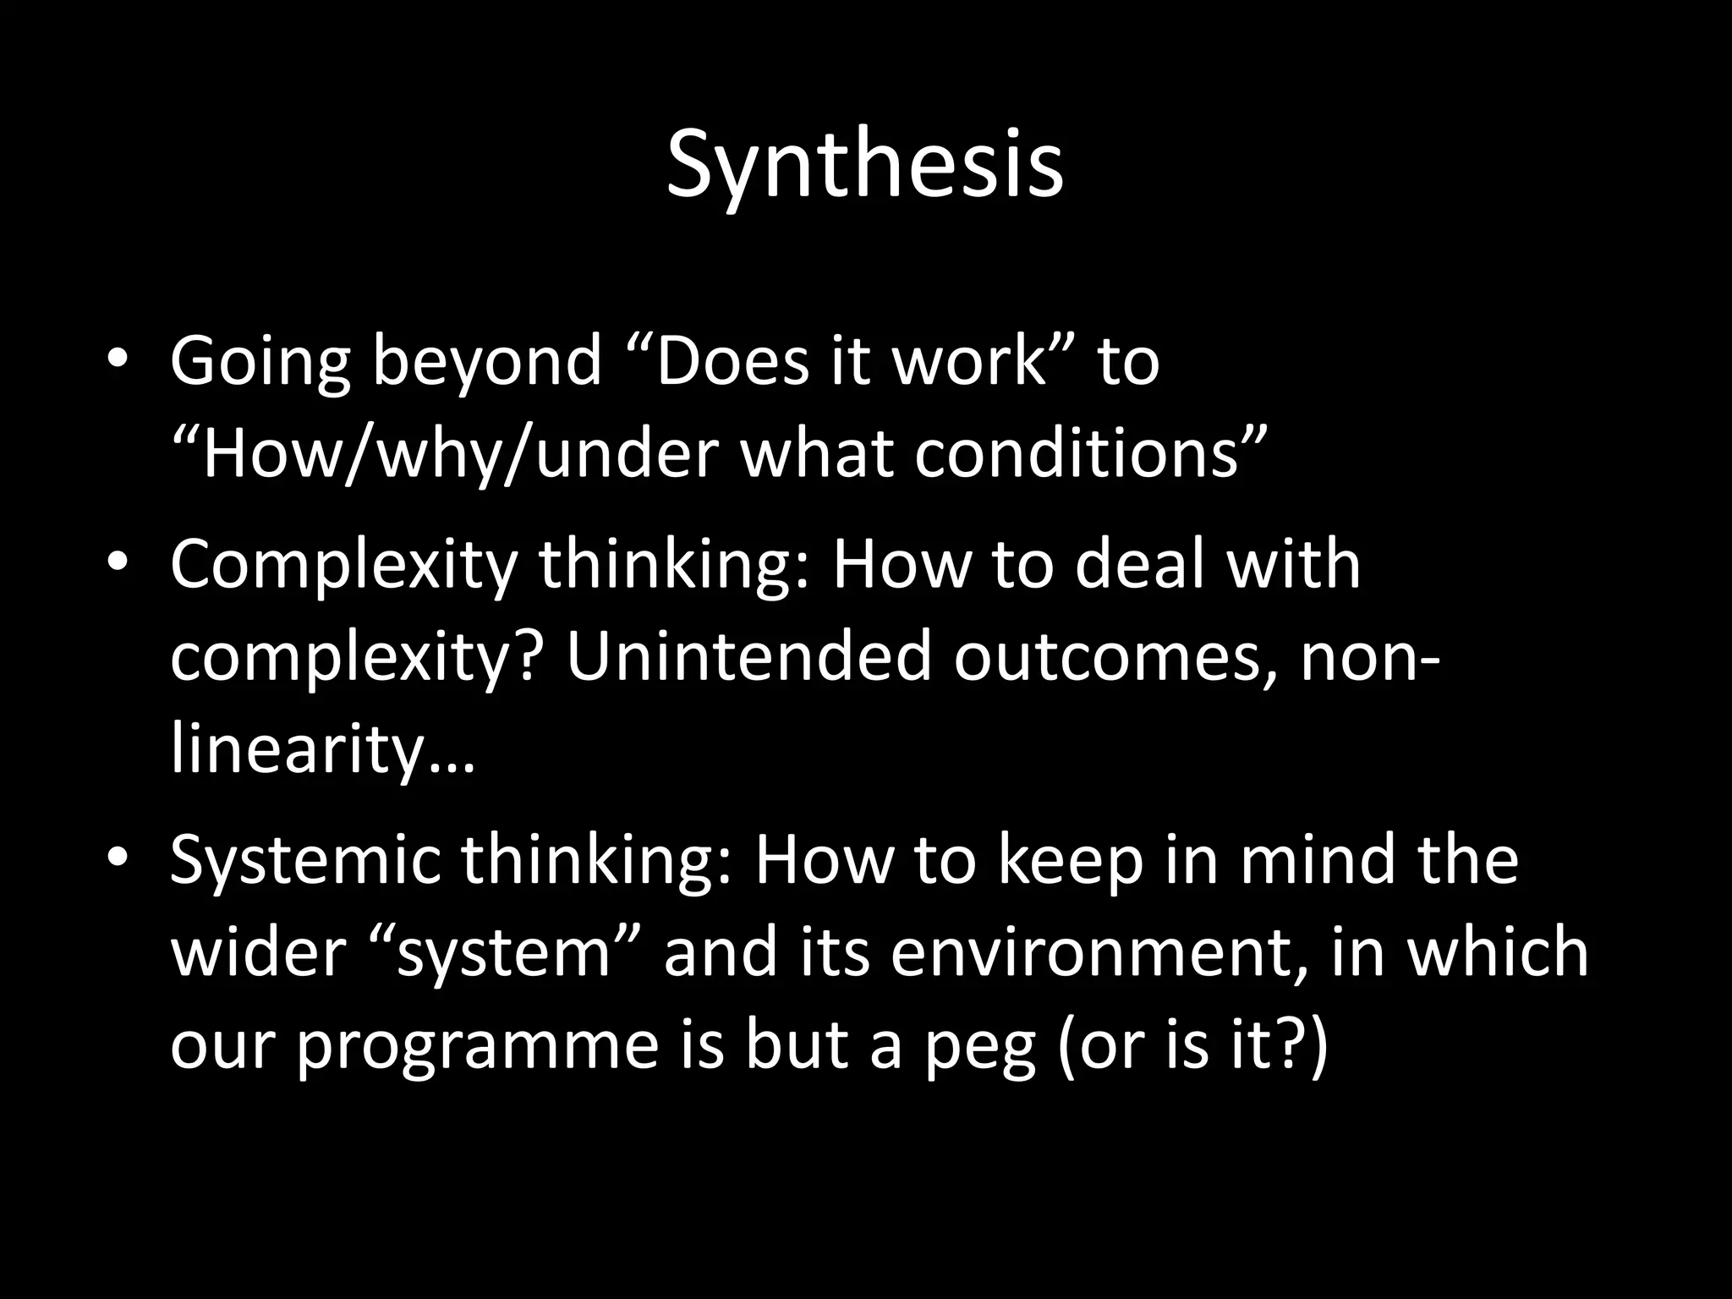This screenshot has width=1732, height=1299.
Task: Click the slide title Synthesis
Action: point(864,166)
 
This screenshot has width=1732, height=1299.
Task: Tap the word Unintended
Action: point(748,657)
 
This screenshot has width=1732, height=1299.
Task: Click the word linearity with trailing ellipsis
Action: point(322,750)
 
